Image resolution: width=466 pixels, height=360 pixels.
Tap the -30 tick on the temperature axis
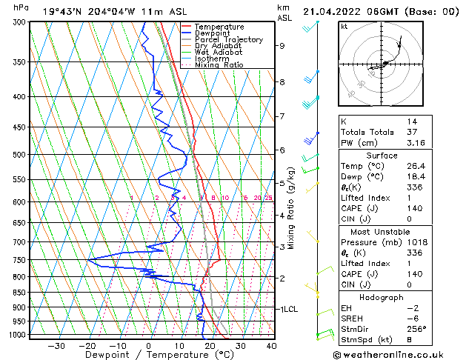(56, 345)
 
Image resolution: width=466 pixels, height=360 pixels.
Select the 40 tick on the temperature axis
(271, 345)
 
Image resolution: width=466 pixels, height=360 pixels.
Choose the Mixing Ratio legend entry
(219, 64)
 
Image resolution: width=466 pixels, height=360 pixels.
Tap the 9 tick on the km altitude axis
(282, 45)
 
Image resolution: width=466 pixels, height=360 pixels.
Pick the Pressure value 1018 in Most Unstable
(416, 242)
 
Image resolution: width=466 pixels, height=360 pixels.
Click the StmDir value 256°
(416, 329)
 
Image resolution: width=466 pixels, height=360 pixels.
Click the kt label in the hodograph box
(344, 26)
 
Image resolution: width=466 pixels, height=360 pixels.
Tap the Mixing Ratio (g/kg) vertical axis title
(291, 207)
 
